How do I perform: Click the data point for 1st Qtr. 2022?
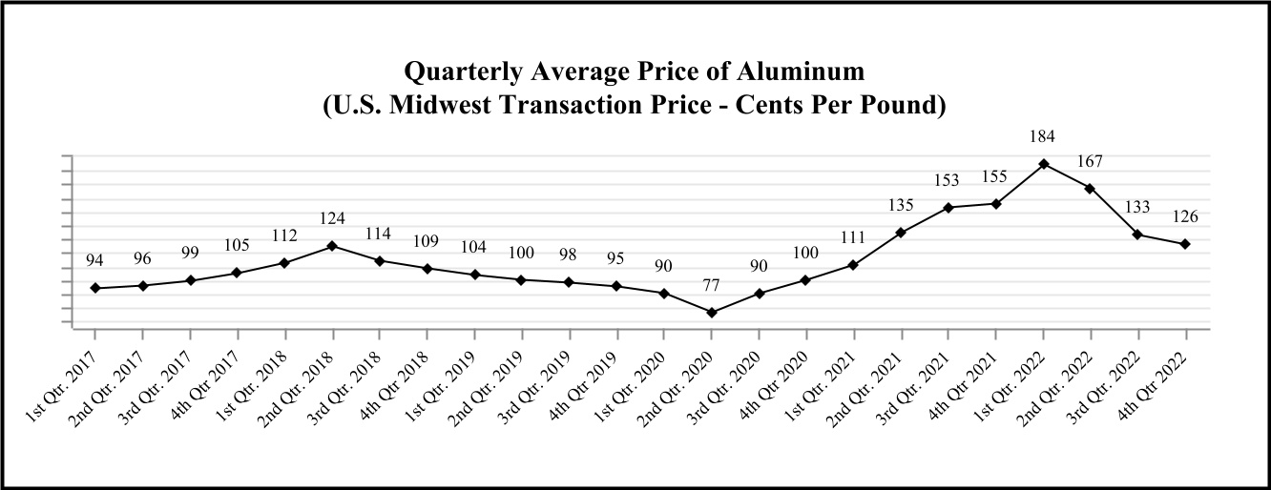click(1044, 164)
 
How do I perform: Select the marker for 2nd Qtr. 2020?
click(712, 313)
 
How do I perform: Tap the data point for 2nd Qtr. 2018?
click(332, 246)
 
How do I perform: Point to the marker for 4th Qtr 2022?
click(1185, 244)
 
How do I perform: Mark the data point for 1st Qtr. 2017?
click(94, 288)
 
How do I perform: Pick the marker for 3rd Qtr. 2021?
click(948, 208)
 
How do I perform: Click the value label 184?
click(1044, 137)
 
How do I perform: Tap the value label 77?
click(712, 285)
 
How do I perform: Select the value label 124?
click(332, 218)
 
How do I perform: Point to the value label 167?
click(1091, 161)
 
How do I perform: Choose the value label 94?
click(94, 260)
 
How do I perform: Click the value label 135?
click(901, 205)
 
